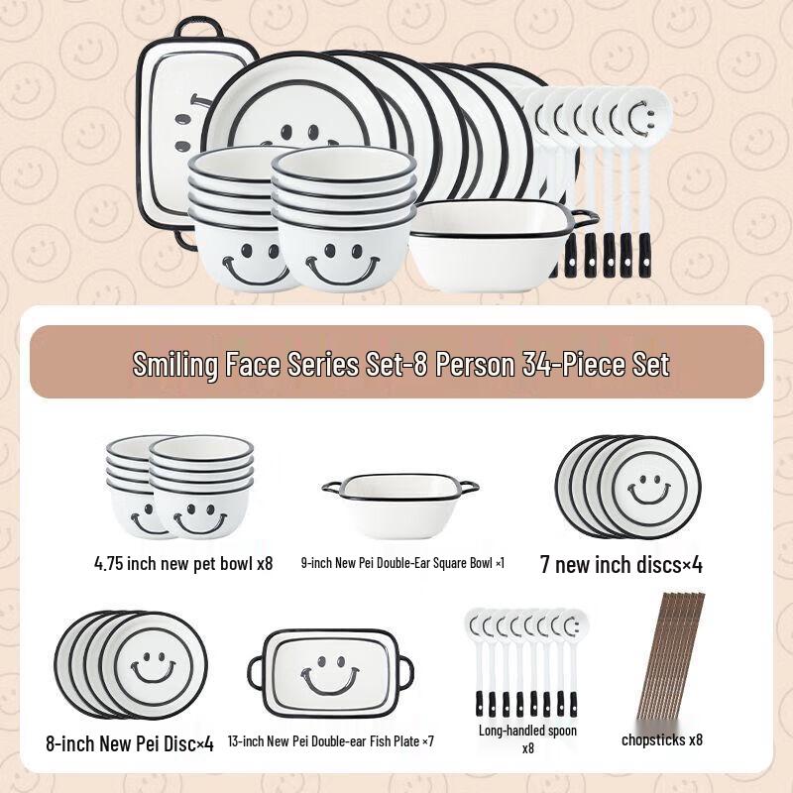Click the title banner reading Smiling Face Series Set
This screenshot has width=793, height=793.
click(400, 364)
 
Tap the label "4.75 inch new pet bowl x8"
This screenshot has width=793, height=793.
click(182, 563)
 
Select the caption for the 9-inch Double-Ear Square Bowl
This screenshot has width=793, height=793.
click(402, 563)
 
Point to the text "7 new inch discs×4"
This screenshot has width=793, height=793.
click(621, 565)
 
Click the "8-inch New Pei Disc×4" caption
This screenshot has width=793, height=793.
click(129, 741)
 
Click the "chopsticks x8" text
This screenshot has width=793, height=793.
click(662, 739)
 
